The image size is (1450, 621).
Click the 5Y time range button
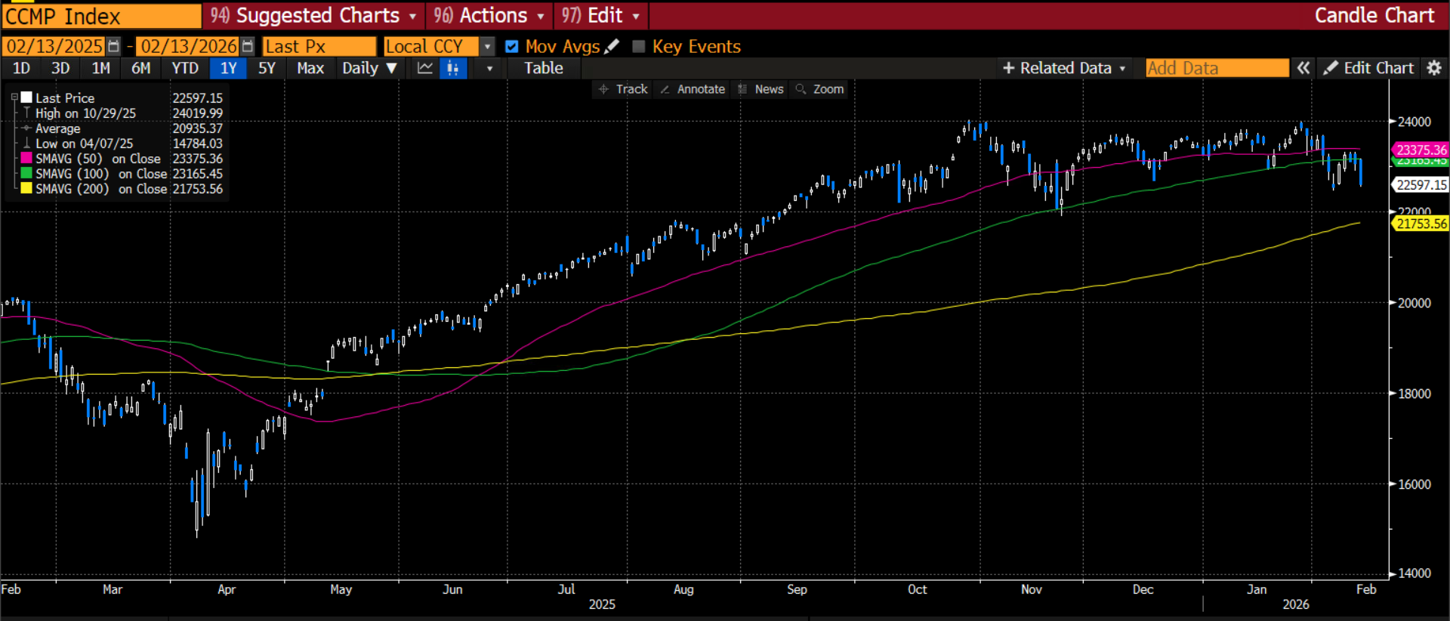tap(267, 69)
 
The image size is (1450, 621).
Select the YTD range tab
tap(185, 69)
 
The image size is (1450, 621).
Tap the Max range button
tap(310, 69)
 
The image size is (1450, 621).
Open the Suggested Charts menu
tap(313, 16)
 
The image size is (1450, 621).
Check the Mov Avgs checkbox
tap(512, 47)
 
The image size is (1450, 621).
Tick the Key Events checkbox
tap(639, 47)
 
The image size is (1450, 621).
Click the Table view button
tap(544, 69)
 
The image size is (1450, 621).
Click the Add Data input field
tap(1216, 69)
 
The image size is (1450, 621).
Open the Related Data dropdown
tap(1064, 69)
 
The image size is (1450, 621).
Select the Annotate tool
tap(693, 89)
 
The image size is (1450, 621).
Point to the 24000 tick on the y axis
tap(1414, 122)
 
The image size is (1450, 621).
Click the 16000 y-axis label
tap(1414, 484)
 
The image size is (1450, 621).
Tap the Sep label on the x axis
tap(797, 589)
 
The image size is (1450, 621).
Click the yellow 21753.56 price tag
tap(1421, 224)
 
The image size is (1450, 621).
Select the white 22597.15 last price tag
tap(1421, 185)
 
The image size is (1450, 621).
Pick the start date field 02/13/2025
tap(54, 47)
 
